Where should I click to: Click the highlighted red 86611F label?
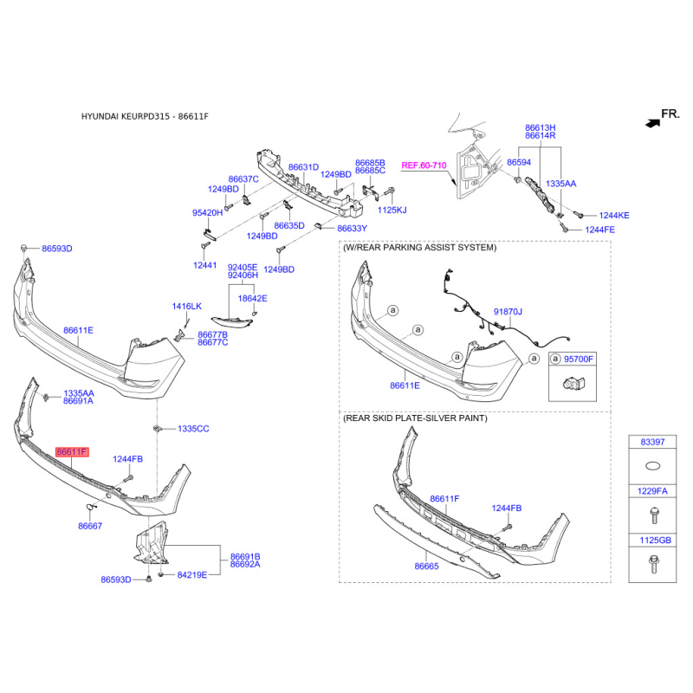[x=72, y=452]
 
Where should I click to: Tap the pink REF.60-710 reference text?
[x=424, y=165]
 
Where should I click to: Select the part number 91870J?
[x=508, y=312]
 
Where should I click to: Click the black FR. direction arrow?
[x=653, y=123]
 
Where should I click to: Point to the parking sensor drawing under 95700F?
[x=573, y=383]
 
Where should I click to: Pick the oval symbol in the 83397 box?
[x=653, y=465]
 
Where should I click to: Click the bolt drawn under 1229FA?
[x=654, y=515]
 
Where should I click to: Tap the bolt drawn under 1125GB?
[x=653, y=565]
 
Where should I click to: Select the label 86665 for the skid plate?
[x=426, y=567]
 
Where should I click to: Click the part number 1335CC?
[x=193, y=429]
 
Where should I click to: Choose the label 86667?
[x=90, y=526]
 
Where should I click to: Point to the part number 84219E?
[x=191, y=575]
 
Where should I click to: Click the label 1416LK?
[x=186, y=307]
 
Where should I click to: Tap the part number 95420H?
[x=207, y=213]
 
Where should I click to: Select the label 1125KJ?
[x=392, y=210]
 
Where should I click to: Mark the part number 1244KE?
[x=614, y=216]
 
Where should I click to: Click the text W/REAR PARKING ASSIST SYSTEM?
[x=419, y=248]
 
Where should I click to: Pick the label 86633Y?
[x=353, y=229]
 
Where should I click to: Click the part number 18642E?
[x=252, y=299]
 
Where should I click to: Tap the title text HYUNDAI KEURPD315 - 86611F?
[x=145, y=117]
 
